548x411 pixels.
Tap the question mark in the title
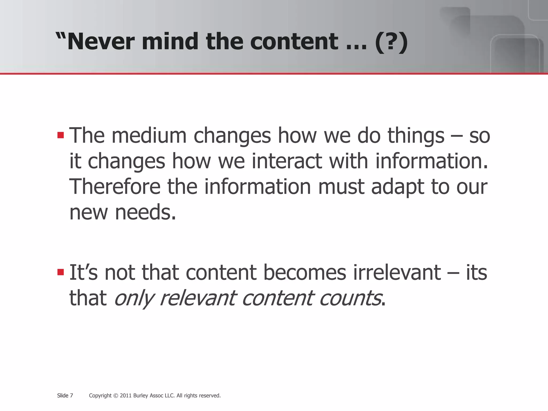coord(391,42)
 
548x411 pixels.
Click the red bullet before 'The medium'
coord(60,135)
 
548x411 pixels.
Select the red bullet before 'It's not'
coord(60,272)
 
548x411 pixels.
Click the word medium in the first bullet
coord(149,135)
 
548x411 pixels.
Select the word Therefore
coord(115,187)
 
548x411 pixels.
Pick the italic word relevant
coord(197,298)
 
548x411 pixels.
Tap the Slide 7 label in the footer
coord(65,395)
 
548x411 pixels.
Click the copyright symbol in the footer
coord(116,396)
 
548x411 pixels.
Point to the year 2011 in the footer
coord(125,395)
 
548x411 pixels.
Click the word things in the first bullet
coord(416,136)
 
